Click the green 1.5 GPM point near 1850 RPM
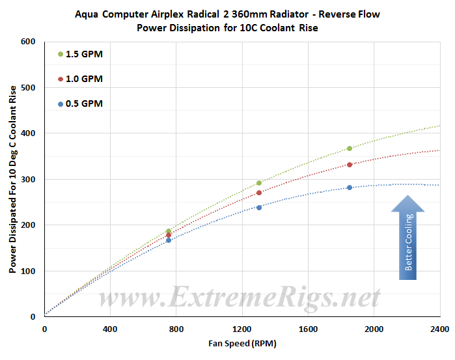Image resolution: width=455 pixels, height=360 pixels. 350,148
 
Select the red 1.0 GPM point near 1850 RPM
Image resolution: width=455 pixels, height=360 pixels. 350,165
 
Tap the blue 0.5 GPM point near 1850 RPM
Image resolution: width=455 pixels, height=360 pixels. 350,187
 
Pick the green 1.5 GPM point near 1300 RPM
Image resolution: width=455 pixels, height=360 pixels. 259,183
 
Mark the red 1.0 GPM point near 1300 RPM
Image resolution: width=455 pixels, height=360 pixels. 259,193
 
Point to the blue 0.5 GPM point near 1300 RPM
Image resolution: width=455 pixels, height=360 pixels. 259,208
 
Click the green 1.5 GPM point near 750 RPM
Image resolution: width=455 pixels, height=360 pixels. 169,231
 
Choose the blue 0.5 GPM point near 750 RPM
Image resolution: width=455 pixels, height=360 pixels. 169,240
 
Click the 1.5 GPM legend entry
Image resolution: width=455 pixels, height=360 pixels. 80,54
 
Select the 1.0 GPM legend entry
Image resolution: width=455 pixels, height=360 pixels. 80,79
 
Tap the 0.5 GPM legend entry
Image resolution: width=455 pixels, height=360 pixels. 80,104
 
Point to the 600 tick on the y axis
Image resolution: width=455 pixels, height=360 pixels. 28,42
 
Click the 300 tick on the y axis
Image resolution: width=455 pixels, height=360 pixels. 28,180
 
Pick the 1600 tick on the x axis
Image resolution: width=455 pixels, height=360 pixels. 308,329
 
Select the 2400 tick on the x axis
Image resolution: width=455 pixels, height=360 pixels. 439,329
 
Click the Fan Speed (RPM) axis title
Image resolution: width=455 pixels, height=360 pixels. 242,344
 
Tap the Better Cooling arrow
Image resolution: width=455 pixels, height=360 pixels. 407,237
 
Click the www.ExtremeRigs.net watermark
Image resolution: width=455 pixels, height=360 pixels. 240,298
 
